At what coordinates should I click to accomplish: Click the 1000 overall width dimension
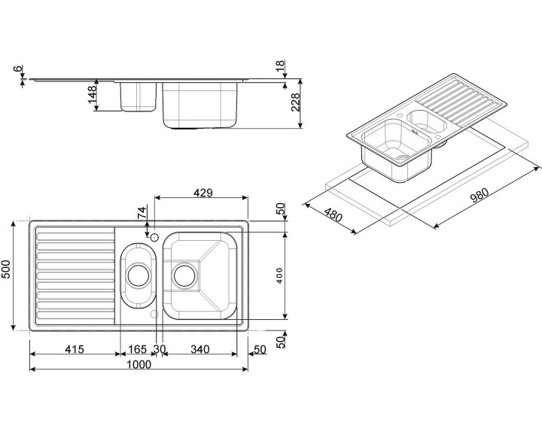coord(139,365)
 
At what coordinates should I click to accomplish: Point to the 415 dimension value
coord(73,349)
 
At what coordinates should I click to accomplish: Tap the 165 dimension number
coord(136,349)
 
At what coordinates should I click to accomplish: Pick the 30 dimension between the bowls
coord(159,349)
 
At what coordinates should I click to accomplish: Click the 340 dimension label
coord(199,349)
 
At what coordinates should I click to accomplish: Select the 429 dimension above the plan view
coord(202,193)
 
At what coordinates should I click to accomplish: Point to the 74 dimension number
coord(142,212)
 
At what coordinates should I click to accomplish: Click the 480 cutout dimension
coord(332,218)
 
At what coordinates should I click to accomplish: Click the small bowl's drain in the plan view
coord(137,275)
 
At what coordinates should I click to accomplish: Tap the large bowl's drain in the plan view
coord(184,275)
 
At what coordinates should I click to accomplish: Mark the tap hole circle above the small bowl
coord(154,238)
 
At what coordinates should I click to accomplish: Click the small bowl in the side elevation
coord(137,96)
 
